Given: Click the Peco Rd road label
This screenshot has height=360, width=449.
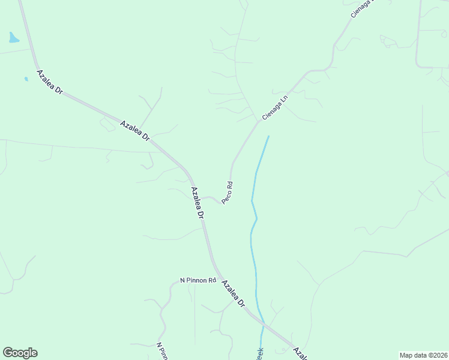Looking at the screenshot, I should (x=227, y=192).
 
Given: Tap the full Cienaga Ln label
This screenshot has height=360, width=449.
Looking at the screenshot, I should (x=276, y=106).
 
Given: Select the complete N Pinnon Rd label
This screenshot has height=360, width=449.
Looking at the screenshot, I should (x=197, y=280).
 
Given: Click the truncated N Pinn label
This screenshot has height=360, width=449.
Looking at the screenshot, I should (x=161, y=352).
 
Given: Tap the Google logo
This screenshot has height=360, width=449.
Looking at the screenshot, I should (x=20, y=353).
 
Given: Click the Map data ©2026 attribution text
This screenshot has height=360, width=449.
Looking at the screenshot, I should (x=423, y=355).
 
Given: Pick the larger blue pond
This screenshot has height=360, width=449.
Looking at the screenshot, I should (x=13, y=38).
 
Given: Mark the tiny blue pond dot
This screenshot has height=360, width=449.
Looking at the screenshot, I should (x=26, y=79).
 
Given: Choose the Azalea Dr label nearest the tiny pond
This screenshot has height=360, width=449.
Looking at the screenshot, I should (x=50, y=82).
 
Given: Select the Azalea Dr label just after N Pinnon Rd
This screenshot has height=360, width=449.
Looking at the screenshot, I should (x=234, y=293).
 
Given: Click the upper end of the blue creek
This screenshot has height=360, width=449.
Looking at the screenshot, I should (x=268, y=136).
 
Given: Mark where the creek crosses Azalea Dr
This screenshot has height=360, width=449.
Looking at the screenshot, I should (x=262, y=325).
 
